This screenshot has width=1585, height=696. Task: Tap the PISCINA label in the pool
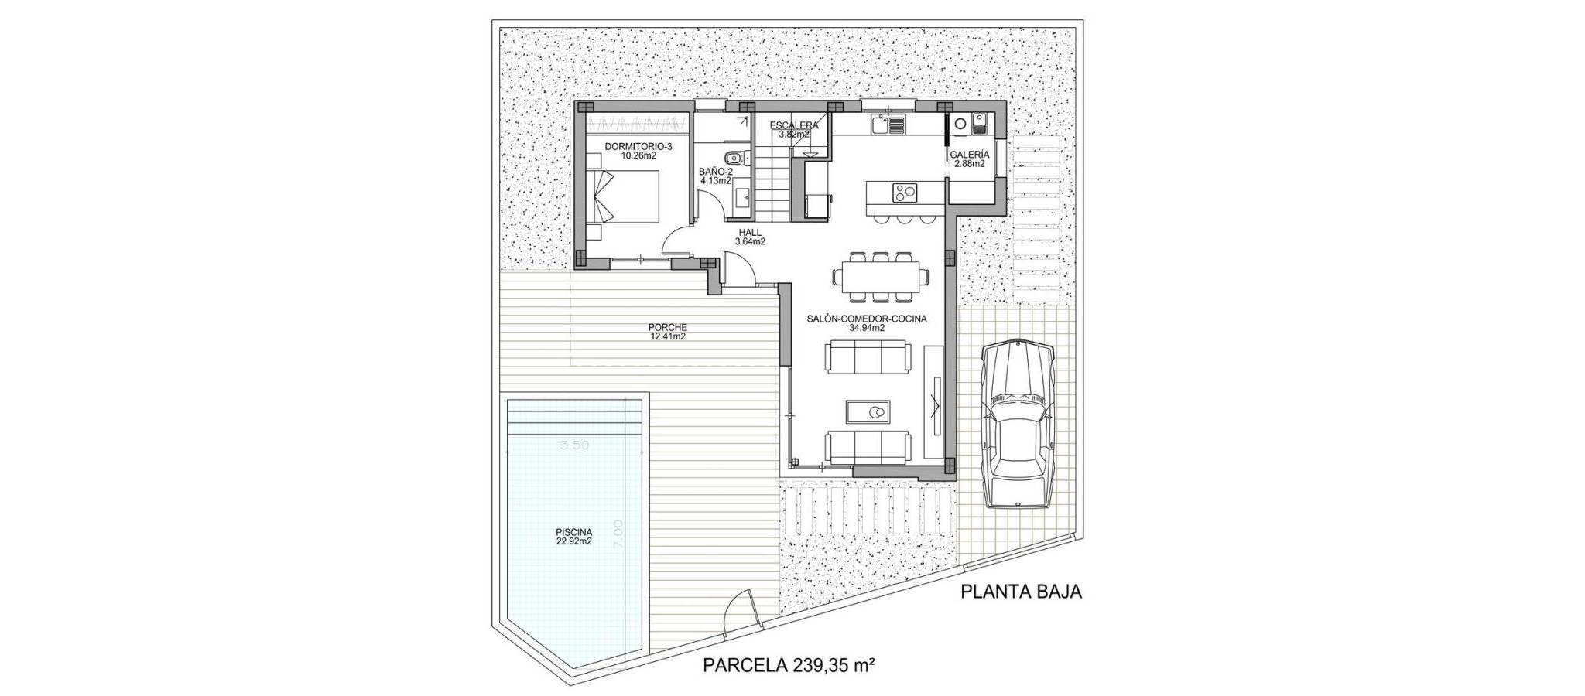tap(573, 532)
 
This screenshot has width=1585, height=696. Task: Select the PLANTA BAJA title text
tap(1021, 592)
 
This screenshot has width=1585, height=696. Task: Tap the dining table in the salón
tap(880, 274)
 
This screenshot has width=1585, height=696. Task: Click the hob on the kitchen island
tap(904, 190)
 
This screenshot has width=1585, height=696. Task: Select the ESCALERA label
tap(794, 125)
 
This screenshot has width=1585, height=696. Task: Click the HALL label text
tap(750, 232)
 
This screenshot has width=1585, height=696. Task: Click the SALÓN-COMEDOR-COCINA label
tap(867, 319)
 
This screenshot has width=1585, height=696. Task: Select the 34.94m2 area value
tap(867, 328)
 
